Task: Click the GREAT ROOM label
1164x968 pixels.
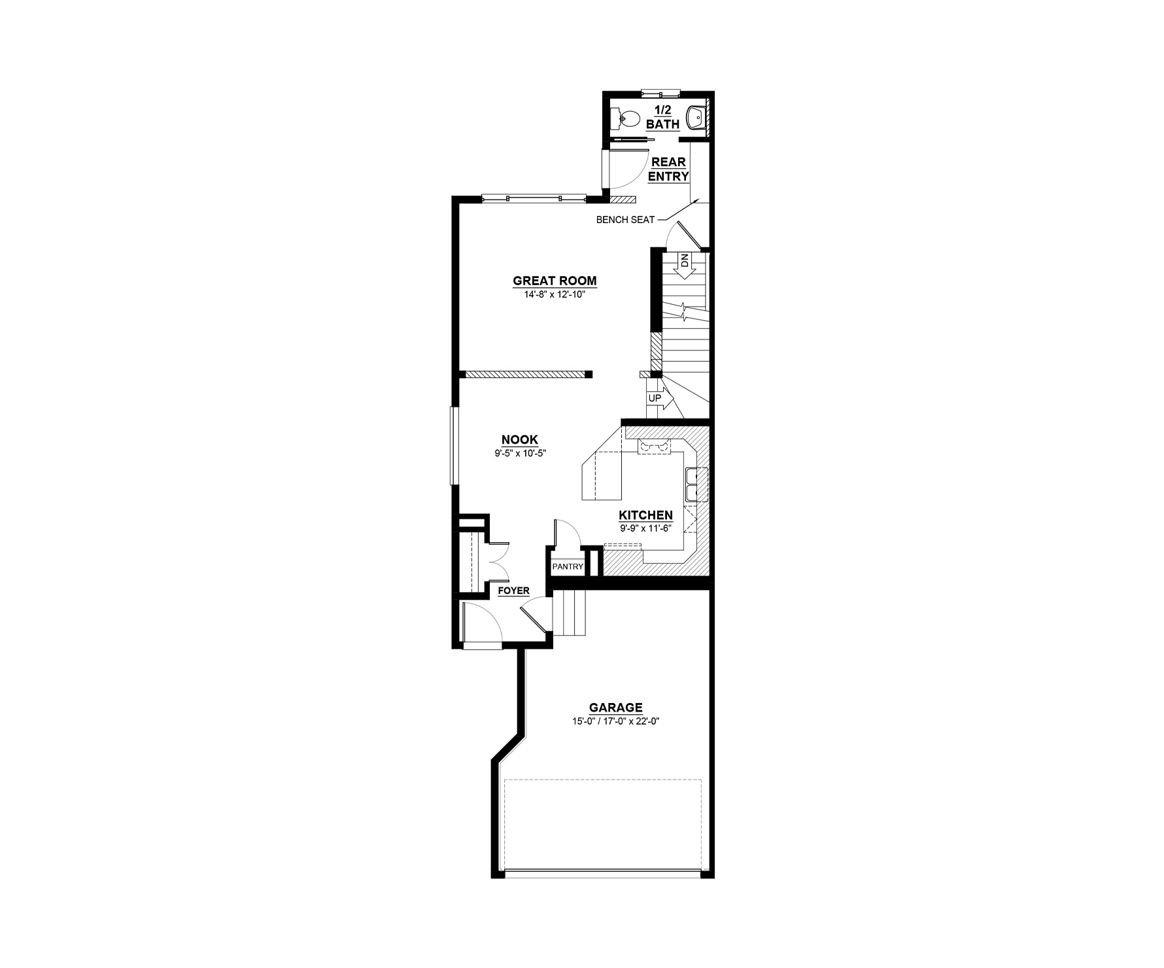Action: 555,281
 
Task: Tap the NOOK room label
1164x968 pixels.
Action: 520,440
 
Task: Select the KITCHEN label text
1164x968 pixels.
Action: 646,515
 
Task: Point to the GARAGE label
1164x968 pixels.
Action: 616,708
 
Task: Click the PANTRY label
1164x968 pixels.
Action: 568,566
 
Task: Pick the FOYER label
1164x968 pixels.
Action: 514,591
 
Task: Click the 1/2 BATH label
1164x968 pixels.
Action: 663,118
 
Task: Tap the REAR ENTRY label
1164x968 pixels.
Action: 668,169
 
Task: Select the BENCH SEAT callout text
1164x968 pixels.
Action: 625,220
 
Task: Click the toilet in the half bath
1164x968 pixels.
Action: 626,119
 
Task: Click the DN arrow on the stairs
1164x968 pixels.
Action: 685,267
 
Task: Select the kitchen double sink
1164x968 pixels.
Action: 693,484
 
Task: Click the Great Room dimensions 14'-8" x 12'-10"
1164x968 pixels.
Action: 555,294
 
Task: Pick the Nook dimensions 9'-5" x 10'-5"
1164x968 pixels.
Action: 520,453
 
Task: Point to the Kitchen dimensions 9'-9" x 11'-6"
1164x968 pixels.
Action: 646,528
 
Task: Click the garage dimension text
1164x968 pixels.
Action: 616,721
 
